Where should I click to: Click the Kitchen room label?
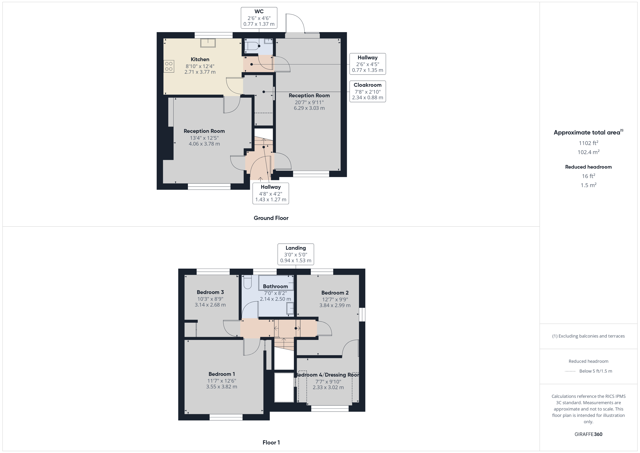pyautogui.click(x=200, y=59)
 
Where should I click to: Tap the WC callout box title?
pyautogui.click(x=259, y=11)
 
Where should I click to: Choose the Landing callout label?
pyautogui.click(x=296, y=248)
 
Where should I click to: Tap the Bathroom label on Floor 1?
pyautogui.click(x=275, y=286)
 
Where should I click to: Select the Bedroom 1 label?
pyautogui.click(x=222, y=374)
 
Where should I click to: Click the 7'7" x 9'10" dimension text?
pyautogui.click(x=328, y=382)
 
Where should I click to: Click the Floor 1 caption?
pyautogui.click(x=271, y=442)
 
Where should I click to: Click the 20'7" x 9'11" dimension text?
pyautogui.click(x=309, y=102)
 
